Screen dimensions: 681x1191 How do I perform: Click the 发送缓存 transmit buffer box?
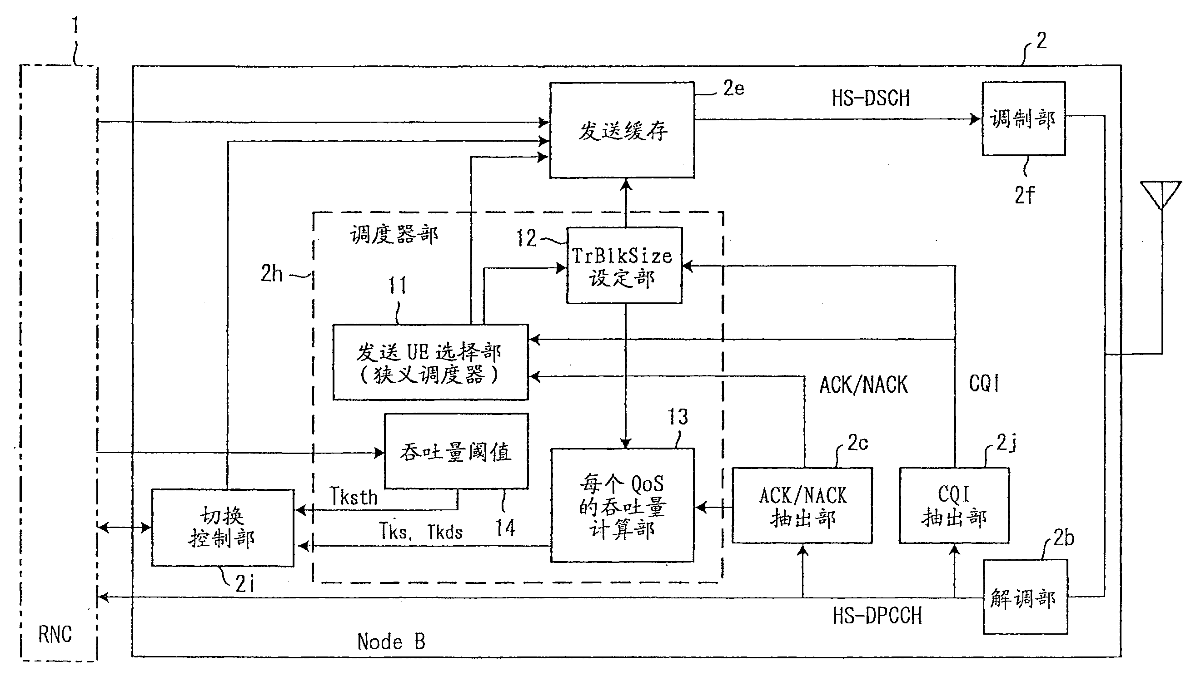pyautogui.click(x=622, y=130)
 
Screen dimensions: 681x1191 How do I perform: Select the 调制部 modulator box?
pyautogui.click(x=1023, y=119)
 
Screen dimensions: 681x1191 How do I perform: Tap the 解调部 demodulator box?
pyautogui.click(x=1024, y=597)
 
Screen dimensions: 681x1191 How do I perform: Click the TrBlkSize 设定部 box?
pyautogui.click(x=623, y=266)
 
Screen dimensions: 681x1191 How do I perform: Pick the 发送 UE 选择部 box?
pyautogui.click(x=430, y=362)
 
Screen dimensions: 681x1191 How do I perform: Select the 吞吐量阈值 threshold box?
pyautogui.click(x=456, y=451)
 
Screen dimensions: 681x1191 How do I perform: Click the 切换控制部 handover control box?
pyautogui.click(x=222, y=528)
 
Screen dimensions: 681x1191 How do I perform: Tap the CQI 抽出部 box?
pyautogui.click(x=954, y=506)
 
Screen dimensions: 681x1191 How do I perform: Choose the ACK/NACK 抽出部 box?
pyautogui.click(x=802, y=506)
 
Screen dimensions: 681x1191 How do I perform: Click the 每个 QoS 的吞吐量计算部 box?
pyautogui.click(x=622, y=506)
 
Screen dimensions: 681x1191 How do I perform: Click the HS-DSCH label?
pyautogui.click(x=870, y=98)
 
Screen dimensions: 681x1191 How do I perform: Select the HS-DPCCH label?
pyautogui.click(x=877, y=616)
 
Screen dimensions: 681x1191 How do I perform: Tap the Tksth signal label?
pyautogui.click(x=354, y=497)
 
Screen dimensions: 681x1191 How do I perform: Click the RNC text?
pyautogui.click(x=55, y=635)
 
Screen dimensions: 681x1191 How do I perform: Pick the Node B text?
pyautogui.click(x=391, y=642)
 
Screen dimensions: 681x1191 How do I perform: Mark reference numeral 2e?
pyautogui.click(x=733, y=89)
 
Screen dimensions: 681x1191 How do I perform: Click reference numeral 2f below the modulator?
pyautogui.click(x=1024, y=195)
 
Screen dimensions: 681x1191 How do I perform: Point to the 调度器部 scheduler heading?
pyautogui.click(x=394, y=234)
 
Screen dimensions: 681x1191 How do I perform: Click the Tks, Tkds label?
pyautogui.click(x=420, y=532)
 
